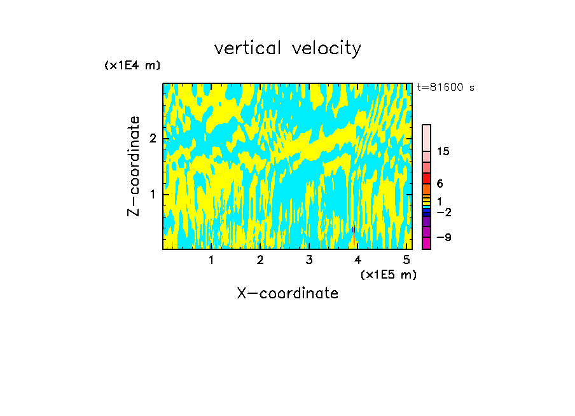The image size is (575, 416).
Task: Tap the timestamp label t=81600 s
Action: tap(445, 88)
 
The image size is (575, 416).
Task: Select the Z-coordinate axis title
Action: tap(134, 166)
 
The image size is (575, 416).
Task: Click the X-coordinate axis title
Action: tap(287, 293)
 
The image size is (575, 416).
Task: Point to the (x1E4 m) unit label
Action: tap(132, 65)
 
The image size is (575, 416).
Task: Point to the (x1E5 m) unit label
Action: tap(388, 274)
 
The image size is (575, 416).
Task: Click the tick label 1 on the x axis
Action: tap(211, 260)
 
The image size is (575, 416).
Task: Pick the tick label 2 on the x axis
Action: tap(260, 260)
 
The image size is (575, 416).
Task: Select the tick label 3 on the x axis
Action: tap(308, 260)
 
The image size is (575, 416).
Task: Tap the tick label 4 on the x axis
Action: tap(357, 260)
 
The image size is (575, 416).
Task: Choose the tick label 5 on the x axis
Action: tap(406, 260)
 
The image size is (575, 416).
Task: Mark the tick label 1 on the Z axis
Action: tap(153, 194)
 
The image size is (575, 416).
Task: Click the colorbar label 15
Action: tap(443, 151)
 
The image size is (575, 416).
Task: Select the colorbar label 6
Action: tap(440, 184)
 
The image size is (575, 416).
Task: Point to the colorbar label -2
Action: tap(443, 212)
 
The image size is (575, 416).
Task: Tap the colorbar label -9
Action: tap(443, 237)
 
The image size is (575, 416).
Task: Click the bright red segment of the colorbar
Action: tap(426, 178)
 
